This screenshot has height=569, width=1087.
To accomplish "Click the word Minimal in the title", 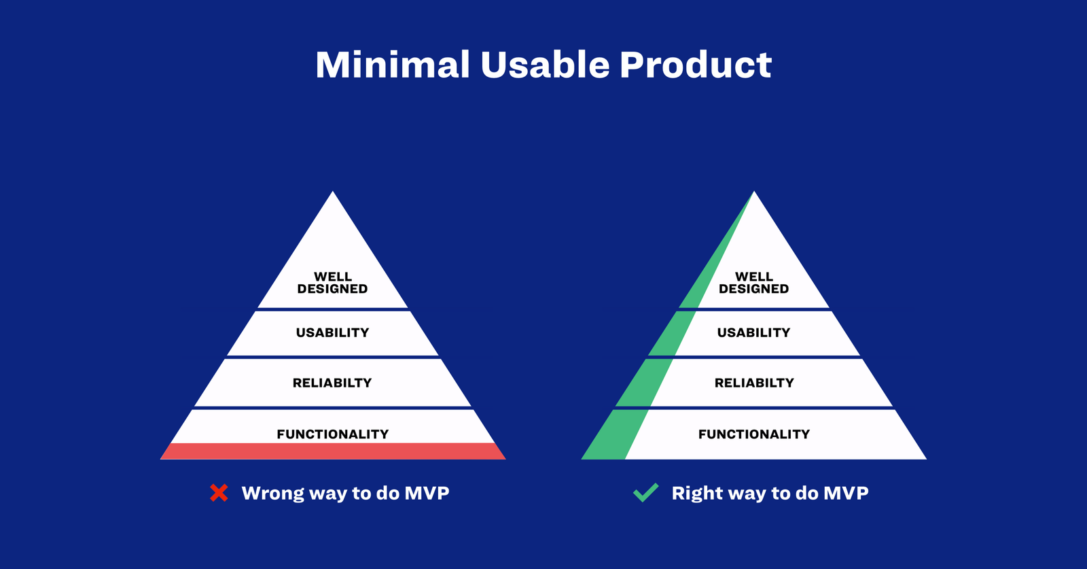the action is [x=393, y=65].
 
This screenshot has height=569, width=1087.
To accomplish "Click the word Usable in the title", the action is [x=545, y=65].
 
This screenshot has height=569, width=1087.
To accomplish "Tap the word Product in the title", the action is [x=696, y=65].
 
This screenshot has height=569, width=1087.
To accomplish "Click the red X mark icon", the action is [x=219, y=493].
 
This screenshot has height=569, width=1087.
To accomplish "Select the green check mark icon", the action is [x=646, y=492].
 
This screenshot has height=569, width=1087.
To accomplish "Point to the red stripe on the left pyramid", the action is [x=333, y=451].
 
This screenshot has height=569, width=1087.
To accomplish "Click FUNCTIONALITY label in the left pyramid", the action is [x=333, y=434].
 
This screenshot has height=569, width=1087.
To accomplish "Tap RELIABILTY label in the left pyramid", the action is [x=332, y=383].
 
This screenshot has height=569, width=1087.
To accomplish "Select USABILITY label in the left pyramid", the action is [x=333, y=332].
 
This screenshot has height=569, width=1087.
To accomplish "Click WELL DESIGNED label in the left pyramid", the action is [x=333, y=283].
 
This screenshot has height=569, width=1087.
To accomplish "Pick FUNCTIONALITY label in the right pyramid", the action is [x=754, y=434].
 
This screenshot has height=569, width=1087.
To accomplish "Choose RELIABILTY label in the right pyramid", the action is [x=754, y=383].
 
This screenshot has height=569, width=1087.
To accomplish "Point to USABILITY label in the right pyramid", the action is [x=754, y=332].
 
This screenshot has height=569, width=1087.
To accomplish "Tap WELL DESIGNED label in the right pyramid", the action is [x=754, y=283].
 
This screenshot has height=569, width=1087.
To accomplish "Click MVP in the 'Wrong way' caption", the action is [x=427, y=494].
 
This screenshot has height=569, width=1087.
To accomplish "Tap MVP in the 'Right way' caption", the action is [x=847, y=494].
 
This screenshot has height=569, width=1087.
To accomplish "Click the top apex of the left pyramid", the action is [x=333, y=191].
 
